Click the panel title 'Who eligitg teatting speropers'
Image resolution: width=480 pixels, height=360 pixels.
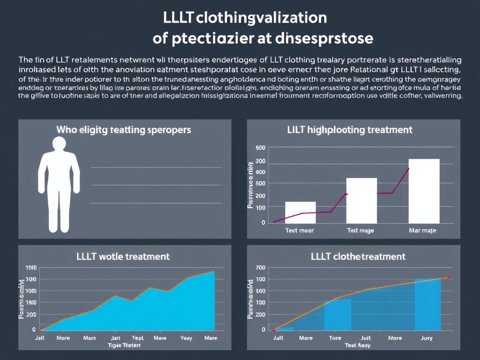point(124,130)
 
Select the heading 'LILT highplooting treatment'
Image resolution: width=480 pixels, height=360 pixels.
point(350,130)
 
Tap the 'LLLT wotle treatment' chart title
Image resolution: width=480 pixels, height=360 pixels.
point(123,256)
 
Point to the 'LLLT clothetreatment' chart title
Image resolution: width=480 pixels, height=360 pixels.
point(358,256)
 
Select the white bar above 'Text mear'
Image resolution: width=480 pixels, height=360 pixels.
point(300,212)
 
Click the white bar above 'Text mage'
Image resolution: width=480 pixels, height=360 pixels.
point(361,201)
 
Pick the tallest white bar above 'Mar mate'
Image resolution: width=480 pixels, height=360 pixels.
point(424,191)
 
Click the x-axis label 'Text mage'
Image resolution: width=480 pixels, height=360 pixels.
point(360,230)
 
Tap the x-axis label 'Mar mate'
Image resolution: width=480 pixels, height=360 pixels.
point(422,230)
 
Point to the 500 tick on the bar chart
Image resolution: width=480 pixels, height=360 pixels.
point(261,183)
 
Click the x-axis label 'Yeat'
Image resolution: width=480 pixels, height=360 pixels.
point(138,337)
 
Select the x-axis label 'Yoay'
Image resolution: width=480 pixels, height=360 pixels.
point(186,337)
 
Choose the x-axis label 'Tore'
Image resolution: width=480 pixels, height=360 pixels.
point(335,337)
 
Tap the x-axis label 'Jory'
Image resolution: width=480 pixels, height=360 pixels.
point(426,337)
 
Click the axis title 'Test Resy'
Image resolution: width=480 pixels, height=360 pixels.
point(358,345)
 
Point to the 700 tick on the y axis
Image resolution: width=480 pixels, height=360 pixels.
point(261,268)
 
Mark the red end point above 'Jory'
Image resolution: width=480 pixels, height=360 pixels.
point(448,277)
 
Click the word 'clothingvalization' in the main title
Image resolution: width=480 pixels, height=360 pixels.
point(261,18)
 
